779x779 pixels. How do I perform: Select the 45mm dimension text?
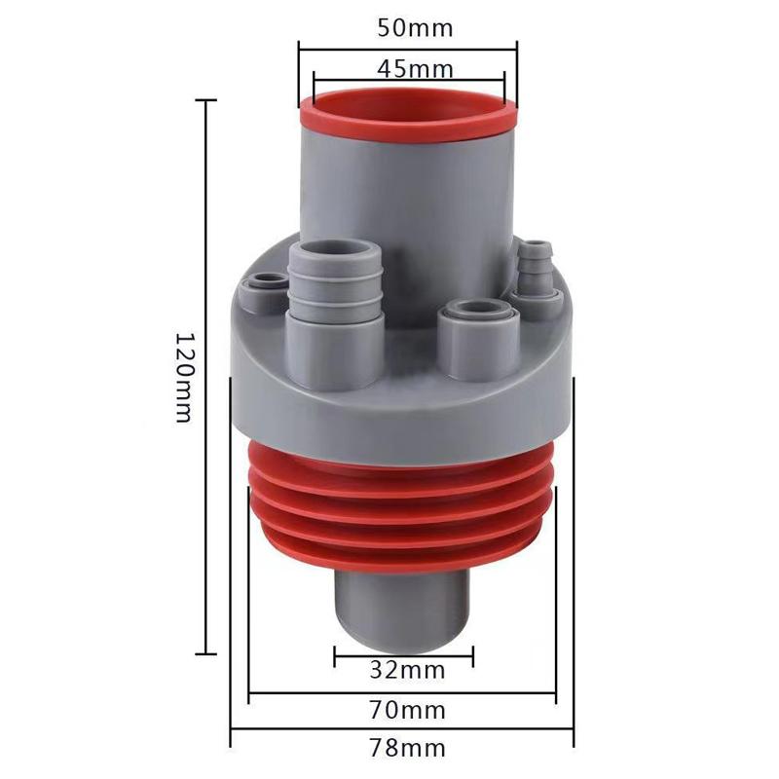point(409,69)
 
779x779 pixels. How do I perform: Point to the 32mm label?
point(408,670)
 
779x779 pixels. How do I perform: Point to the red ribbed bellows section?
point(402,516)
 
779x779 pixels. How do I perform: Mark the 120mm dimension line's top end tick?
point(206,100)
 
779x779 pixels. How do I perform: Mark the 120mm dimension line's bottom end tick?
point(206,654)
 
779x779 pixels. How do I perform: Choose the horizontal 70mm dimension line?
point(401,694)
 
